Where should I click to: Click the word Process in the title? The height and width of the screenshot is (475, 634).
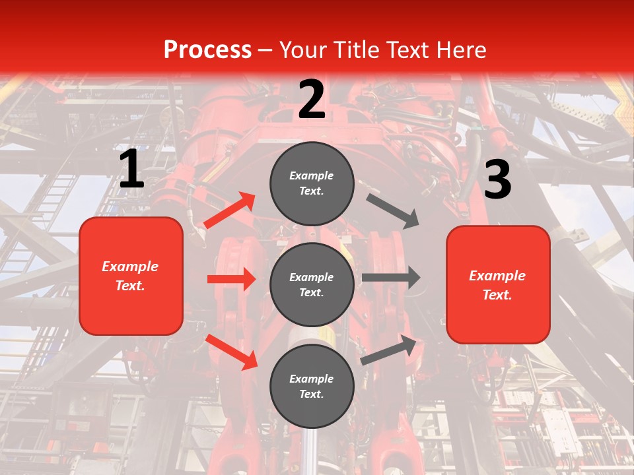[207, 49]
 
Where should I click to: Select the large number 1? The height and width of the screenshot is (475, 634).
[131, 170]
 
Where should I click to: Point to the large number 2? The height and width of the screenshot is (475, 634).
[312, 100]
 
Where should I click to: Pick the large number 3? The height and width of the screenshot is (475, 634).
[497, 180]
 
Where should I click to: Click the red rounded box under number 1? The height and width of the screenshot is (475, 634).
[131, 276]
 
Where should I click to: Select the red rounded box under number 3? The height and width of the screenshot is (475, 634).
[498, 285]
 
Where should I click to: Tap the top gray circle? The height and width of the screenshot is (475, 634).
[312, 183]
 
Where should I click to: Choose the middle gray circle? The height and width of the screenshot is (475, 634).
[312, 284]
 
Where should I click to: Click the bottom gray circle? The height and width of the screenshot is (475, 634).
[312, 386]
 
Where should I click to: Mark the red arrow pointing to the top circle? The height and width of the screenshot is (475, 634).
[230, 210]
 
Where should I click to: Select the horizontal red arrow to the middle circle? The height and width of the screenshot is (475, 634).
[231, 279]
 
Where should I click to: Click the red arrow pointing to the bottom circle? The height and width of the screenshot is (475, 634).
[232, 352]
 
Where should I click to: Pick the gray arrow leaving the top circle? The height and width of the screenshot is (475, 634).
[392, 210]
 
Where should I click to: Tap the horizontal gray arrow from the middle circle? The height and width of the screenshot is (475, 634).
[391, 278]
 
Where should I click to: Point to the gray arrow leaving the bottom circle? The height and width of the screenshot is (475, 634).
[390, 350]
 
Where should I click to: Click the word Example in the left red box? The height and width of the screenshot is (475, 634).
[130, 267]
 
